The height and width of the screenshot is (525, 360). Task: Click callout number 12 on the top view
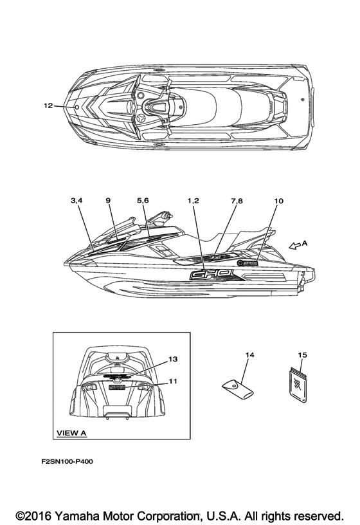coord(48,106)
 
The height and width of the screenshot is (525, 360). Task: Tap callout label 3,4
coord(76,201)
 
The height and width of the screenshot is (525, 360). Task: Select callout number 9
coord(108,201)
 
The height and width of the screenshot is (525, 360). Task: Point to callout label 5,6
coord(143,201)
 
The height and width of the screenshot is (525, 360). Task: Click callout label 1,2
coord(193,201)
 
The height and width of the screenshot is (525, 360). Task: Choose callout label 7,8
coord(237,201)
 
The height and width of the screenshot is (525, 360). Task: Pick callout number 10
coord(278,201)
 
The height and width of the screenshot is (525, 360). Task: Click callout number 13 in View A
coord(173,359)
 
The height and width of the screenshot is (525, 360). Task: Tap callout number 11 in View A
coord(173,382)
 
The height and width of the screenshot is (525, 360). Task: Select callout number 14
coord(249,355)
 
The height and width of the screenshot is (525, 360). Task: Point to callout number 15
coord(302,355)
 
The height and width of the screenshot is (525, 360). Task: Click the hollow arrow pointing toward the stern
coord(294,246)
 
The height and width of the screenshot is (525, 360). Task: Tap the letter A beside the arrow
coord(305,243)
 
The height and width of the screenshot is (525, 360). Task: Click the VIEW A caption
coord(71,432)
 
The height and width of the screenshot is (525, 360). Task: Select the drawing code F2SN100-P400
coord(67,461)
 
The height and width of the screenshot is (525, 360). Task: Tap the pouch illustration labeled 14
coord(238,389)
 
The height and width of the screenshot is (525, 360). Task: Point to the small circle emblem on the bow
coord(76,107)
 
